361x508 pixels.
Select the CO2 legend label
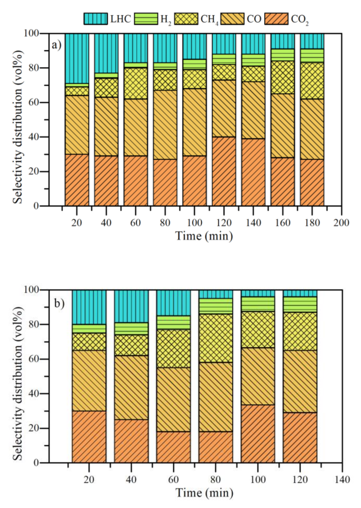click(x=300, y=19)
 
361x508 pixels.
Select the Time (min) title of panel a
click(x=204, y=236)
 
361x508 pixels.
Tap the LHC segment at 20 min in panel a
click(x=77, y=58)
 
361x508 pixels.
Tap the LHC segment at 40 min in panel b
click(x=131, y=306)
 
